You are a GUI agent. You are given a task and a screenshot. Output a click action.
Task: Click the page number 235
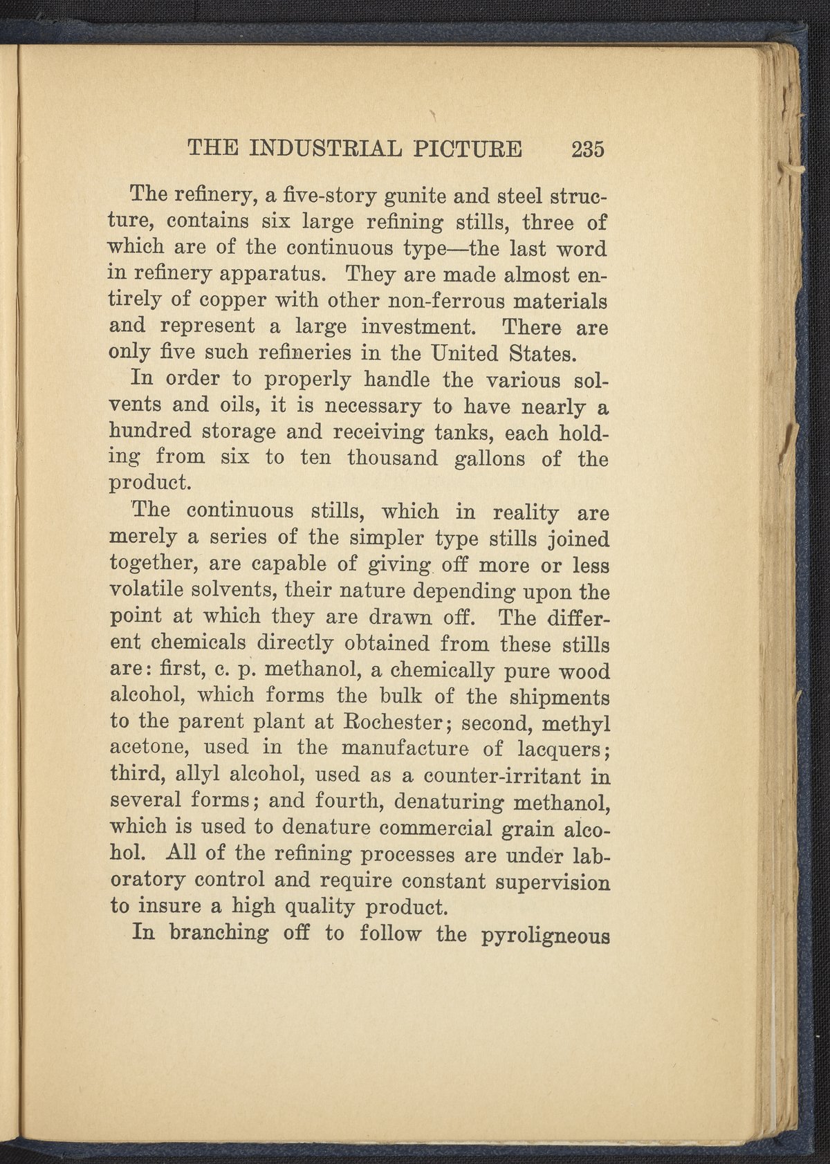(x=588, y=148)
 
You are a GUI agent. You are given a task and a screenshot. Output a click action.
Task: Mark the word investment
(x=421, y=327)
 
